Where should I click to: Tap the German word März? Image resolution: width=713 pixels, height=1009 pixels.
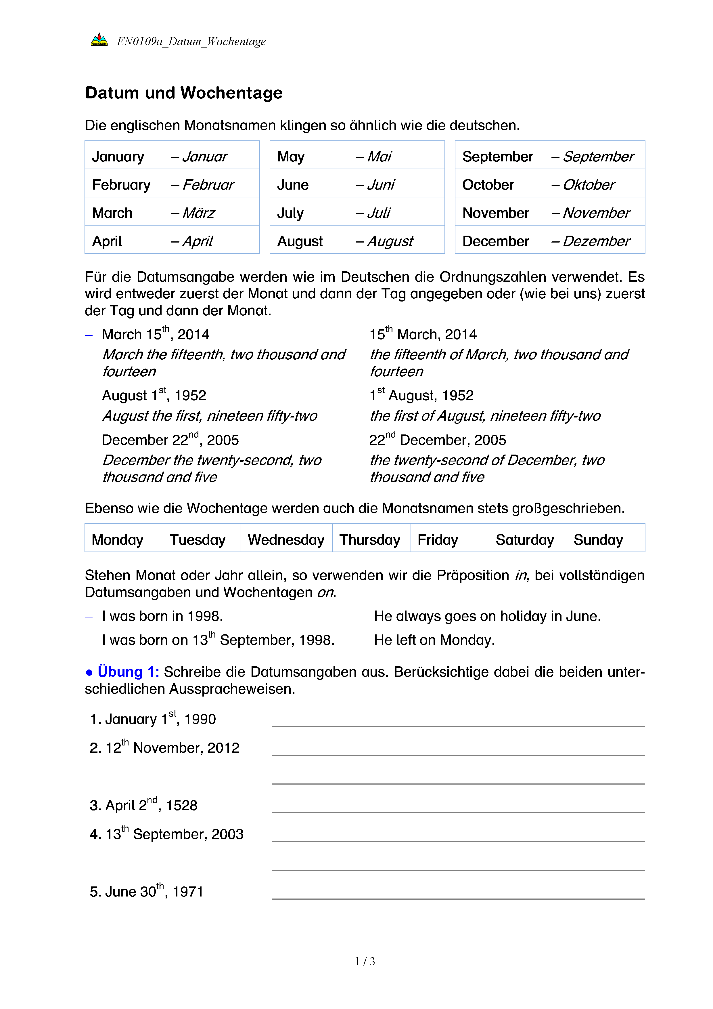[198, 213]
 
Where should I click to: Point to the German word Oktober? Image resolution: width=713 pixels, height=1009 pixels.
[588, 185]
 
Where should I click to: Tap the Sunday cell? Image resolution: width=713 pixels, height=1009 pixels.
[598, 540]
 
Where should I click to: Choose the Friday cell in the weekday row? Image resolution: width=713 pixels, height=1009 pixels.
[438, 540]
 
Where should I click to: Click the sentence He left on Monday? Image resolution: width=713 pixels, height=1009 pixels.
[434, 640]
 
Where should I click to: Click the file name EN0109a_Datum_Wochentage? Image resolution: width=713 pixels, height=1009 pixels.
[191, 41]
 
